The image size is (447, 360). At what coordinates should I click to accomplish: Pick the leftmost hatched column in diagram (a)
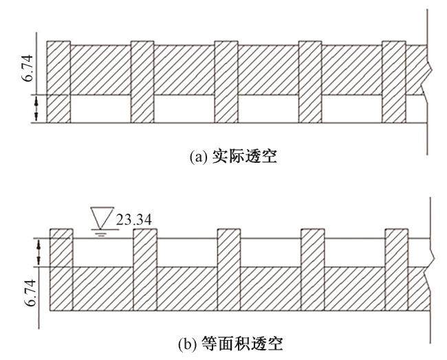point(58,82)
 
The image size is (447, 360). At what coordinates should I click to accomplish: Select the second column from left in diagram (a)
point(142,82)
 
